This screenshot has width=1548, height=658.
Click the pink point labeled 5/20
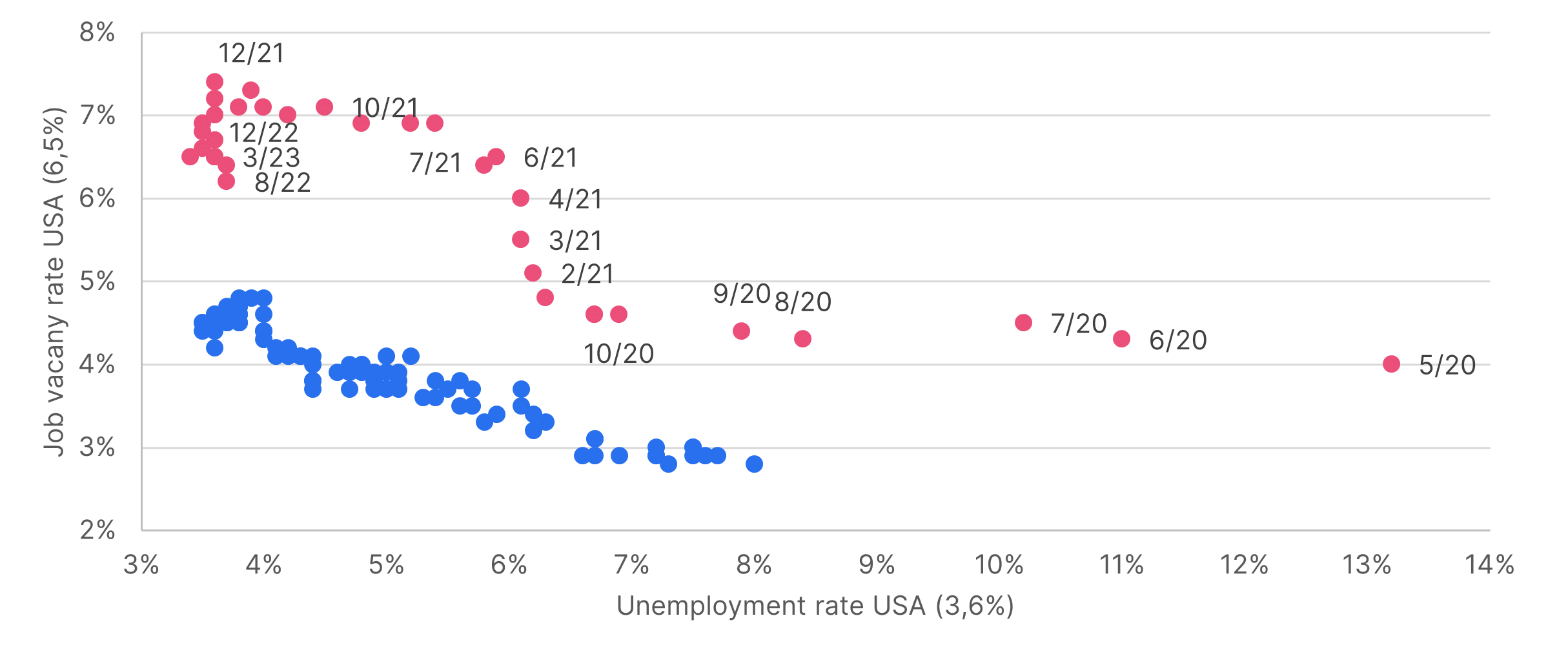[1391, 364]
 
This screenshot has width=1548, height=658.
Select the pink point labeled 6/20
[1121, 339]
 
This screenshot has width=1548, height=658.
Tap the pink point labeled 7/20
[1023, 323]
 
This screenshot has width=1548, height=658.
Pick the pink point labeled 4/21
[520, 198]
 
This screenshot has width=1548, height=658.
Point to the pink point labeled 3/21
[520, 240]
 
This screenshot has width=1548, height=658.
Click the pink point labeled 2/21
[533, 273]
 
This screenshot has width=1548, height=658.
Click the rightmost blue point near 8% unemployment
[754, 464]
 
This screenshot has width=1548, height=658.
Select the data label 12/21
[251, 54]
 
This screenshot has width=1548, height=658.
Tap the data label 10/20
[618, 354]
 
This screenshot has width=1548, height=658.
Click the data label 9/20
[741, 294]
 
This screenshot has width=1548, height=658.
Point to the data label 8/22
[283, 183]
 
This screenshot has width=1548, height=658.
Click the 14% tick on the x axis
[1489, 565]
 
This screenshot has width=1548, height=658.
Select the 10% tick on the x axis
[999, 565]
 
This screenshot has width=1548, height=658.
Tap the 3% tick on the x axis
[141, 565]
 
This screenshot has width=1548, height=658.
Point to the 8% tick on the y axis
[97, 32]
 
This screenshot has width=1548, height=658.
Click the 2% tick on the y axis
[97, 530]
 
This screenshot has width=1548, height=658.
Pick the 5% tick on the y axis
[97, 282]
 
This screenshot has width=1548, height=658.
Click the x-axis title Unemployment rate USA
[815, 606]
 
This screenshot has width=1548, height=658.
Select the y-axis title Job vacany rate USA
[55, 282]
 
